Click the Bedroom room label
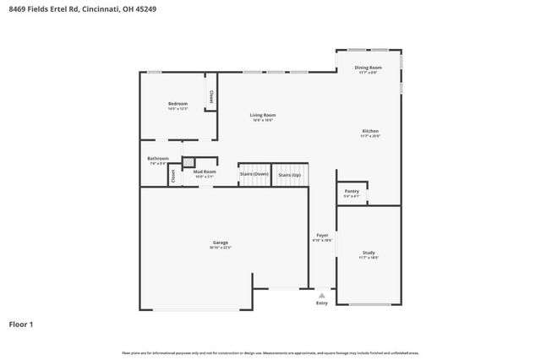tap(178, 104)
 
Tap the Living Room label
tap(262, 115)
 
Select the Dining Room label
tap(368, 68)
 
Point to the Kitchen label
tap(370, 131)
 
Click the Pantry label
tap(352, 192)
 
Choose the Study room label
tap(369, 253)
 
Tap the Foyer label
tap(322, 235)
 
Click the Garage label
tap(221, 243)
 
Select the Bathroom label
tap(158, 158)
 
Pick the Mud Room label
tap(205, 172)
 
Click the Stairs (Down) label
tap(254, 174)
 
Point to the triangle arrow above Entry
tap(321, 295)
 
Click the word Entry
tap(321, 303)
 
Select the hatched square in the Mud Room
tap(189, 162)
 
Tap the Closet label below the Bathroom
tap(173, 177)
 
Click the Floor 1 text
tap(21, 324)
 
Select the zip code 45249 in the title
tap(145, 8)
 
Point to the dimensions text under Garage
tap(221, 248)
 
